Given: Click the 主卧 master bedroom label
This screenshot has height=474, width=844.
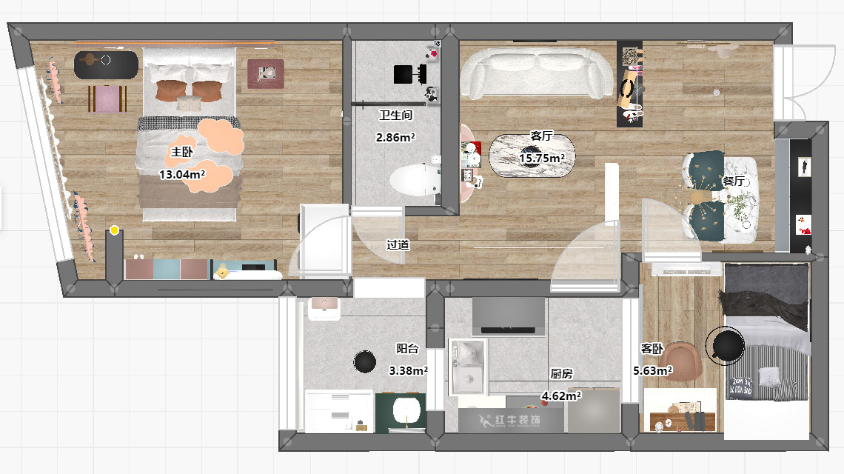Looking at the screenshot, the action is (182, 152).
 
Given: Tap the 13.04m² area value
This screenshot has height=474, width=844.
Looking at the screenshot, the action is (182, 175).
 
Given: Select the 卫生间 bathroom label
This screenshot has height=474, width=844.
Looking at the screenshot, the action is (395, 115).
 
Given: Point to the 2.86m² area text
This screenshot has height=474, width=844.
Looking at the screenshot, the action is (395, 137).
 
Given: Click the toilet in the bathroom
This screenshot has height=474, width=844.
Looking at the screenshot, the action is (415, 180).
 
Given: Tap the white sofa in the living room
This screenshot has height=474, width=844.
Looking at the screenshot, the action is (537, 74).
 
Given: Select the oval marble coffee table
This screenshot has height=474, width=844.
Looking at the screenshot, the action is (532, 156).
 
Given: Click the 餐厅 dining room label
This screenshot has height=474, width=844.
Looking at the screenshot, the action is (734, 181).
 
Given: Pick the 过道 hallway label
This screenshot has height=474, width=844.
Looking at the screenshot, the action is (398, 244).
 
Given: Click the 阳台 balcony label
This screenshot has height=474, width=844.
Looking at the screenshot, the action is (407, 349).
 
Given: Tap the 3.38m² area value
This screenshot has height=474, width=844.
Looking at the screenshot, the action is (409, 370).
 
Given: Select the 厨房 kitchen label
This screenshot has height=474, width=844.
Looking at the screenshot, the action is (561, 373).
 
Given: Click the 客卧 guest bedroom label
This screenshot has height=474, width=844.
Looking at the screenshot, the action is (652, 349).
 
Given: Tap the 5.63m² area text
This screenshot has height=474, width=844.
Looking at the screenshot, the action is (653, 370).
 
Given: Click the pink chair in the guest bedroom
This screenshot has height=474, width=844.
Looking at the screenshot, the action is (682, 362).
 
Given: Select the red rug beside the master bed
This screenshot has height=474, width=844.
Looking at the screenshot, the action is (265, 74).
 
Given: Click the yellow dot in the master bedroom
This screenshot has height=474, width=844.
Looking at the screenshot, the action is (114, 230).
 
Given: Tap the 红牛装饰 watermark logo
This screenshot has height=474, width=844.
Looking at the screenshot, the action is (509, 421).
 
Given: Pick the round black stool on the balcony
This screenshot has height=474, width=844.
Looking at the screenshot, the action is (365, 361).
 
